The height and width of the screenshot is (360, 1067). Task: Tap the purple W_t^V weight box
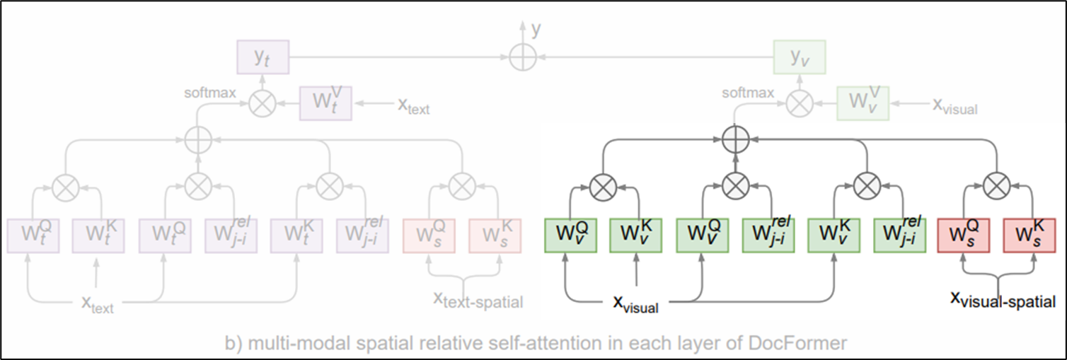coord(325,103)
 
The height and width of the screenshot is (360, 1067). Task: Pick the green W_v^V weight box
coord(863,103)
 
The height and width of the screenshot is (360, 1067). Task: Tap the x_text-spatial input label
coord(478,301)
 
